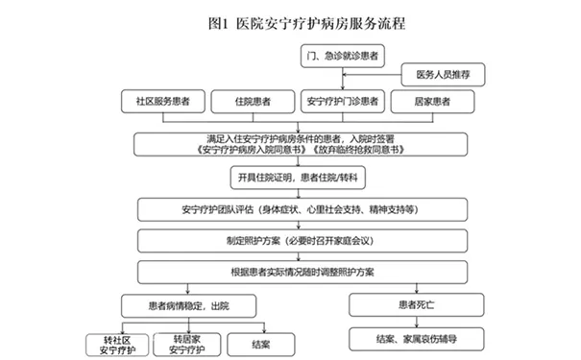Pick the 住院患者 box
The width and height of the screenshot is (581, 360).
coord(253,100)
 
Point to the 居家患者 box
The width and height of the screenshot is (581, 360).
coord(434,100)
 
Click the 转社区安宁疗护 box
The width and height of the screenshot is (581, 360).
coord(109,342)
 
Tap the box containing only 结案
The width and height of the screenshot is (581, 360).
coord(258,342)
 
